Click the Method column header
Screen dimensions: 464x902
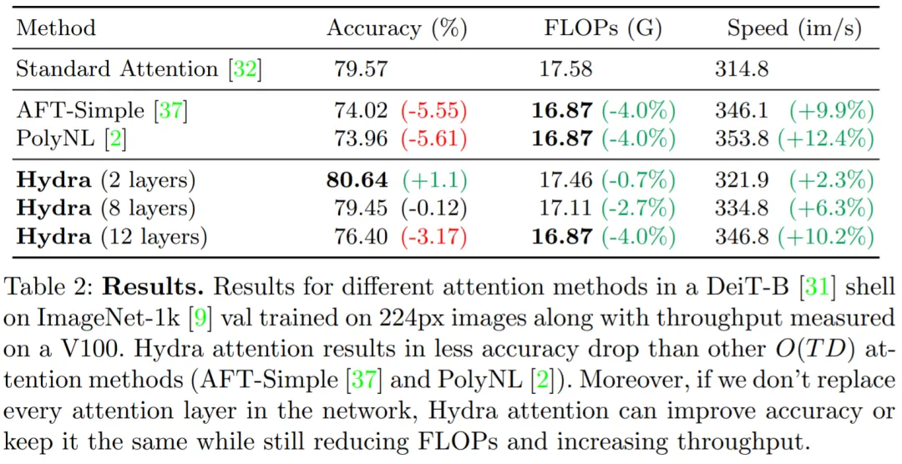(56, 28)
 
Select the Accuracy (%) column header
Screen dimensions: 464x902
(397, 28)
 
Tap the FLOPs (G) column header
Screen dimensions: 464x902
(602, 28)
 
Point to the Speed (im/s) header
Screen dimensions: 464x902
(793, 28)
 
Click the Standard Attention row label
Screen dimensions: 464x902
(139, 68)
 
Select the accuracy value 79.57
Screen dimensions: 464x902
(361, 68)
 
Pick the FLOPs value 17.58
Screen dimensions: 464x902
(565, 68)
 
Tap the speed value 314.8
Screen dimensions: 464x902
(742, 68)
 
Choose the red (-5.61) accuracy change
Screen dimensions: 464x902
(434, 139)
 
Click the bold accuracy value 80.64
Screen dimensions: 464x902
(357, 180)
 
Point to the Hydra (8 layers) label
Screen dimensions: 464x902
(105, 208)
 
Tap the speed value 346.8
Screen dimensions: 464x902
(742, 236)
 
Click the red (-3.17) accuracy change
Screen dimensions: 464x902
(434, 236)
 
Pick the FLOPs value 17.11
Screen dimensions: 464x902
(565, 208)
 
